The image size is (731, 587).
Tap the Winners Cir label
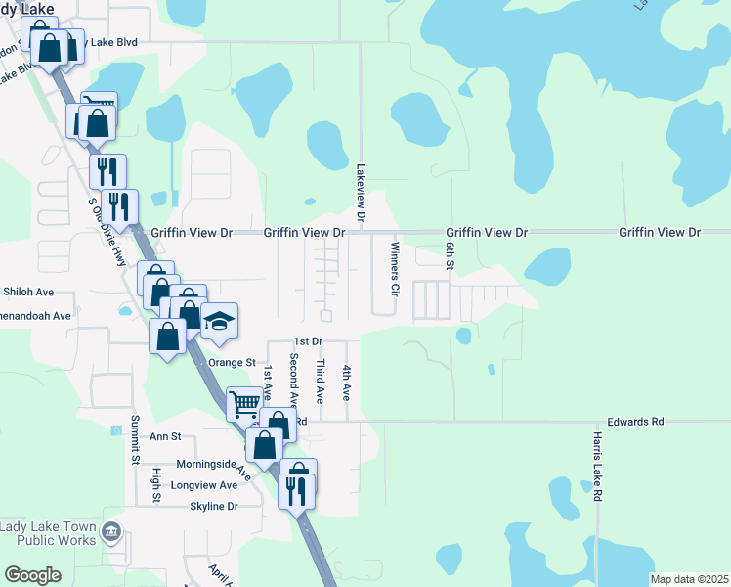coord(396,269)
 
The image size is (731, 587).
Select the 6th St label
coord(451,258)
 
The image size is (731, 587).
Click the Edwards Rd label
coord(635,422)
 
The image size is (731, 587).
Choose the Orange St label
coord(232,362)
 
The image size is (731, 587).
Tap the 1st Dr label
coord(308,341)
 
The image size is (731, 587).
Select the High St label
coord(156,485)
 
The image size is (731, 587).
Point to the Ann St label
coord(166,436)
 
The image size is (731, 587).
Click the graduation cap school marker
coord(221,322)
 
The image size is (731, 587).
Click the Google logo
coord(32,575)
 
